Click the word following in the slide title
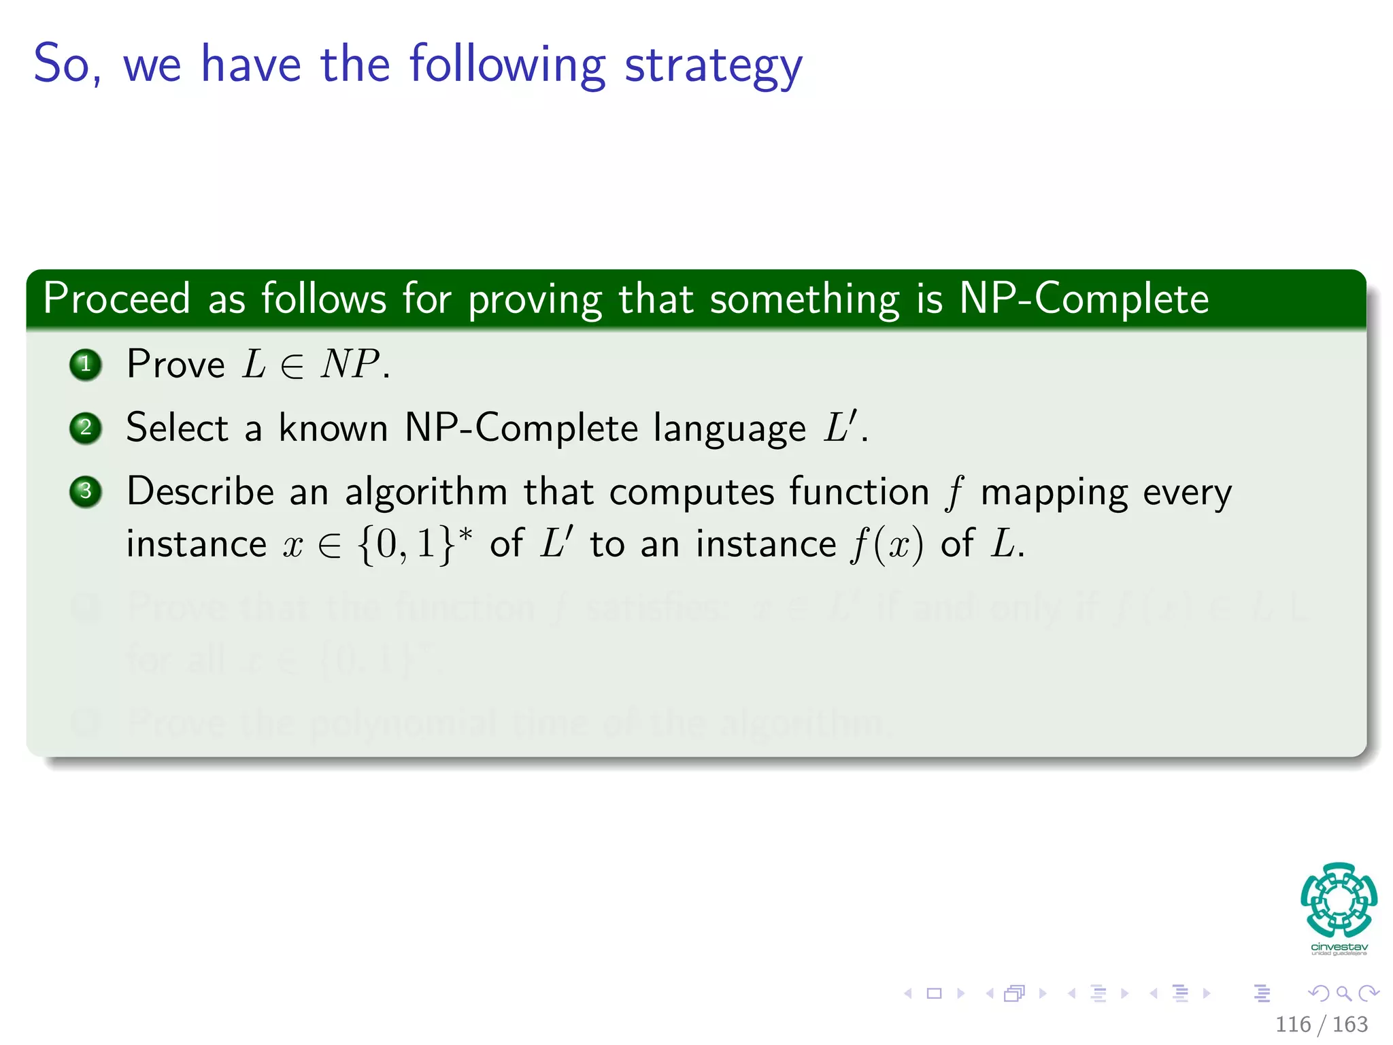pos(507,65)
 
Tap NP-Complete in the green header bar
pos(1084,299)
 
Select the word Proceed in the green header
pos(116,299)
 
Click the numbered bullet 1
pos(86,365)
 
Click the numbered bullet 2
pos(86,428)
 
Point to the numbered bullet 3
pos(86,491)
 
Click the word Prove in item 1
pos(175,365)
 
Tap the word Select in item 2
pos(177,428)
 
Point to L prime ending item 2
pos(841,427)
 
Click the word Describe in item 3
pos(200,491)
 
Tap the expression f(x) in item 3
pos(887,545)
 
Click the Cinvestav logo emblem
pos(1339,899)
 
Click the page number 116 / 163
pos(1321,1024)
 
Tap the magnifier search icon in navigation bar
pos(1343,993)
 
